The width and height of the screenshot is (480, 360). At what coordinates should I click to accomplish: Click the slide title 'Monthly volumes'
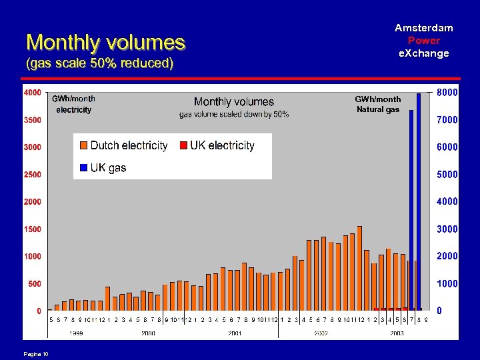click(x=105, y=43)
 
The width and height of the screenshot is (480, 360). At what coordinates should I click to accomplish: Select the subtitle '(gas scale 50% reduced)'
click(x=100, y=64)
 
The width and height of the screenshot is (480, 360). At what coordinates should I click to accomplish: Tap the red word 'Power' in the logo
click(x=424, y=40)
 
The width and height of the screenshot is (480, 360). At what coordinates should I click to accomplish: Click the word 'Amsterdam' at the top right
click(x=424, y=27)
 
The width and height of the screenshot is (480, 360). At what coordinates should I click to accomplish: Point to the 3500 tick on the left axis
click(x=32, y=121)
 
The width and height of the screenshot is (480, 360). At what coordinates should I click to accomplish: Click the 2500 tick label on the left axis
click(x=32, y=175)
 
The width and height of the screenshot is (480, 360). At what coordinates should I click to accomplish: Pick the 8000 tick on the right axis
click(x=447, y=93)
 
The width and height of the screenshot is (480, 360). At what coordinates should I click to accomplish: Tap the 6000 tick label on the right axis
click(x=447, y=147)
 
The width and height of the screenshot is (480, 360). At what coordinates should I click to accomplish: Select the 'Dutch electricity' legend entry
click(x=124, y=145)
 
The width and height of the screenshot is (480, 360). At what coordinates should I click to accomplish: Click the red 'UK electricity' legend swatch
click(x=183, y=146)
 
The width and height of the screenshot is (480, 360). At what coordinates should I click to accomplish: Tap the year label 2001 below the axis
click(x=235, y=333)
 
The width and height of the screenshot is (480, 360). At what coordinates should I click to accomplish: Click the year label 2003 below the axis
click(x=397, y=333)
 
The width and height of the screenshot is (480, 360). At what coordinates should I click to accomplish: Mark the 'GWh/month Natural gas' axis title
click(x=378, y=104)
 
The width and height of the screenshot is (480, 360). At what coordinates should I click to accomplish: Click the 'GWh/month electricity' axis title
click(x=73, y=104)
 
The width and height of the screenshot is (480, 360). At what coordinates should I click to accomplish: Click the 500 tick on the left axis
click(x=33, y=284)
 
